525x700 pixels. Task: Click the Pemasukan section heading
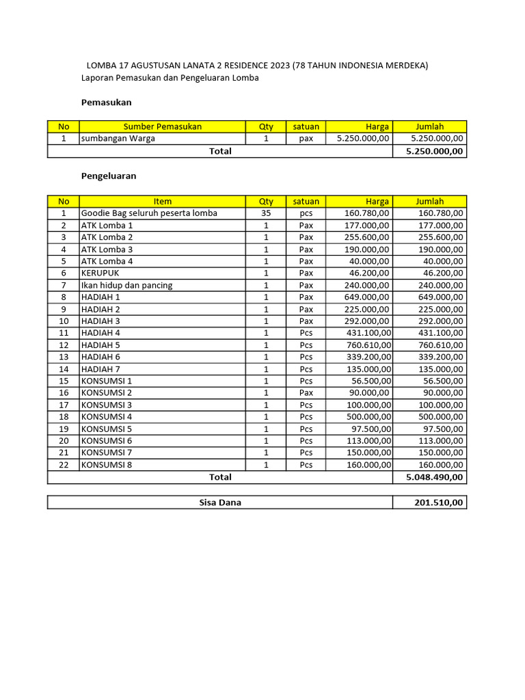coord(106,103)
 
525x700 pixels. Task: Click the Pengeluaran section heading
coord(109,176)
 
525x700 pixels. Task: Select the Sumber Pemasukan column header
coord(163,126)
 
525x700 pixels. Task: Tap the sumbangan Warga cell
coord(118,138)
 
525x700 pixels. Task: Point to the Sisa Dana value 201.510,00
coord(438,502)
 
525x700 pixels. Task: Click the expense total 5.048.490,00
coord(434,477)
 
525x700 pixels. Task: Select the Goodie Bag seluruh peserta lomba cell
coord(149,213)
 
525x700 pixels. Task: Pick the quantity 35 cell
coord(266,213)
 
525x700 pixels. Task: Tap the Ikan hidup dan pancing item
coord(126,285)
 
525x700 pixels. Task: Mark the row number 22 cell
coord(64,465)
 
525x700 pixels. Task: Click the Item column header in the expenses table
coord(163,202)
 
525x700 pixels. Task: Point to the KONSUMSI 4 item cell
coord(107,417)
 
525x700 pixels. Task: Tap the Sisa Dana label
coord(220,502)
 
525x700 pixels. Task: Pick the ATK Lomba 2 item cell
coord(107,237)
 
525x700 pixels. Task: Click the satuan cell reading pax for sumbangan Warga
coord(306,138)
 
